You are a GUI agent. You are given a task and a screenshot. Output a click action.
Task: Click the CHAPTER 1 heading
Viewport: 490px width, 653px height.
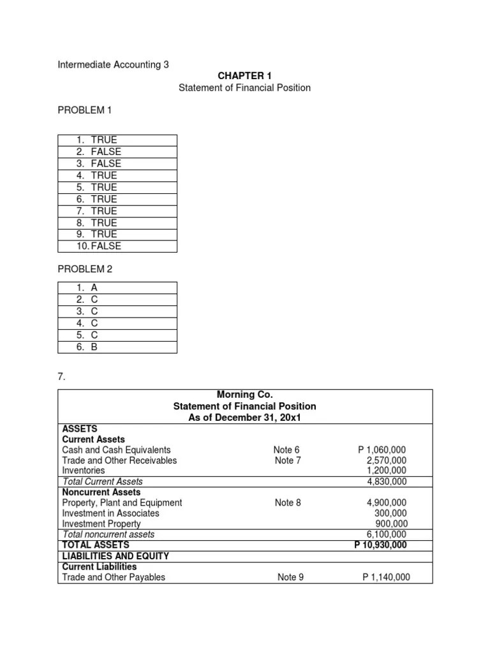click(244, 76)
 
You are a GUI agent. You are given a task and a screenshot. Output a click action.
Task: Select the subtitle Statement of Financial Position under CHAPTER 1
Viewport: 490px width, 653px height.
click(244, 87)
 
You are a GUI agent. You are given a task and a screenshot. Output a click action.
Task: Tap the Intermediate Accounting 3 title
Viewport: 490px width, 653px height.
click(114, 64)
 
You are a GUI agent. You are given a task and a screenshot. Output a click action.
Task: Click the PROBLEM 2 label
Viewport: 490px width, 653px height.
click(85, 269)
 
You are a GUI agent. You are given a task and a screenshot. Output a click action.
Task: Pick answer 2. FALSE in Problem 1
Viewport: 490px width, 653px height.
click(98, 152)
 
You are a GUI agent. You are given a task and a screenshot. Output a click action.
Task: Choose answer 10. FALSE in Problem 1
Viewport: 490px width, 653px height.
click(98, 246)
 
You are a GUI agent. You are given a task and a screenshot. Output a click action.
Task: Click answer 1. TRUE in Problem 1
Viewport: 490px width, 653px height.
click(96, 140)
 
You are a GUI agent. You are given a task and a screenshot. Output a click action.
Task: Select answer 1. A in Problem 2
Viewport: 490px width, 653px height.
click(87, 288)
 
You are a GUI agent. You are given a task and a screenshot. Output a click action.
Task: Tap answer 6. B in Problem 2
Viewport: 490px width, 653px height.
click(87, 347)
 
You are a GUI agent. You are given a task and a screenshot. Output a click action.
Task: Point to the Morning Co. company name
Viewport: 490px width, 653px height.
click(244, 395)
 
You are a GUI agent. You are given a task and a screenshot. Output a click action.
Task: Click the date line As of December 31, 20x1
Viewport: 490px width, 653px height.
click(244, 417)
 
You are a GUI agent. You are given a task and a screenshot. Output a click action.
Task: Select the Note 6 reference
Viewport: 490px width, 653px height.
click(287, 450)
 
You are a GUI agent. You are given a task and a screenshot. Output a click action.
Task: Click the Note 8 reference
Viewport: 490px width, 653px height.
click(288, 503)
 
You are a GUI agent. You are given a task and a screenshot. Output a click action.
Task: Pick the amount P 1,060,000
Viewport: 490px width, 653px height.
click(383, 450)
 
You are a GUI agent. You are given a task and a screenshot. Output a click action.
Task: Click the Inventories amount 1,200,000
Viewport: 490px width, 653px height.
click(387, 471)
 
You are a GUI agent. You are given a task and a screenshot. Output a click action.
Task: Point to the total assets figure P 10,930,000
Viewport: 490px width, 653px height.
click(380, 545)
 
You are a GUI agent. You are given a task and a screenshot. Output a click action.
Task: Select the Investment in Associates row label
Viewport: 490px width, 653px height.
click(110, 513)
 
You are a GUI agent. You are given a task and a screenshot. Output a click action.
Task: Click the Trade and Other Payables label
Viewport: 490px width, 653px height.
click(114, 577)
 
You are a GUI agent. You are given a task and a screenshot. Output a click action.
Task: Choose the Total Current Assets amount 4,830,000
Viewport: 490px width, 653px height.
click(387, 481)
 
